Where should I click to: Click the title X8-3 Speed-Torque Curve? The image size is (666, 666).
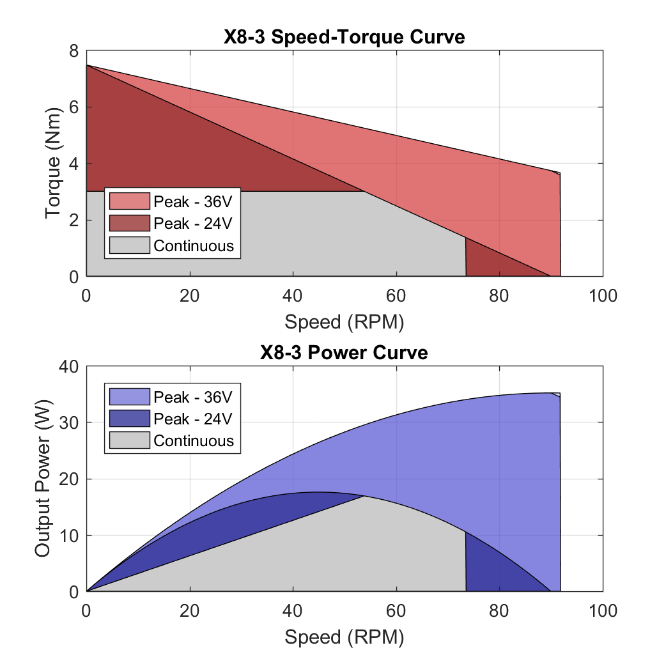pos(344,37)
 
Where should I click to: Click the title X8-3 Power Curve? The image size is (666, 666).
pos(344,352)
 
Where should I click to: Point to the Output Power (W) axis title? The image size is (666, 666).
pos(43,479)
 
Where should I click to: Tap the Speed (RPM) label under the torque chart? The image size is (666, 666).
pos(344,321)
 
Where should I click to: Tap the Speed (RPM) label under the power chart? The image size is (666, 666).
pos(344,637)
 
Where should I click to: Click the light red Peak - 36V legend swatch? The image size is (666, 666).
pos(129,201)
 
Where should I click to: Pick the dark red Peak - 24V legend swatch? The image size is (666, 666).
pos(129,223)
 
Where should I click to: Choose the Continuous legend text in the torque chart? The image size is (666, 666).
pos(194,245)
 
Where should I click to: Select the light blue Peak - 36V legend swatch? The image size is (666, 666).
pos(129,397)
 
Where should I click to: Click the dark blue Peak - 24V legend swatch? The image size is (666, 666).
pos(129,419)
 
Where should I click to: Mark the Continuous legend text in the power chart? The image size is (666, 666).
pos(194,441)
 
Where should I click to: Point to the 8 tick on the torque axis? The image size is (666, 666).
pos(74,51)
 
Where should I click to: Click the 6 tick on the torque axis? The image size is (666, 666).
pos(74,107)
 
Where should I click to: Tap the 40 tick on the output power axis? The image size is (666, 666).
pos(69,366)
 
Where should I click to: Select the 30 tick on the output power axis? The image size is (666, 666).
pos(69,422)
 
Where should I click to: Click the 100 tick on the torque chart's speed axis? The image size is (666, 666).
pos(603,295)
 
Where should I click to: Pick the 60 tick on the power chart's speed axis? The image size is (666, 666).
pos(396,611)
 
